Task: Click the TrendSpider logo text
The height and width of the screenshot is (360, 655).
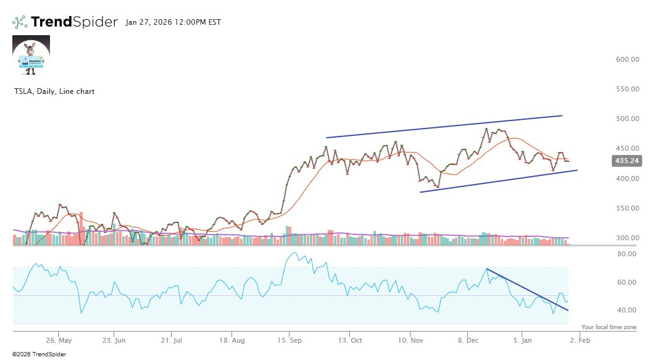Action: pyautogui.click(x=73, y=22)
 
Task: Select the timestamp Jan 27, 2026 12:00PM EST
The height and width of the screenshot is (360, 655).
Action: pyautogui.click(x=173, y=22)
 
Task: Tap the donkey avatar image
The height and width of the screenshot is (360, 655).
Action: pyautogui.click(x=31, y=55)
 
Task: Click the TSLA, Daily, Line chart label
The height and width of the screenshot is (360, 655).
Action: pyautogui.click(x=54, y=91)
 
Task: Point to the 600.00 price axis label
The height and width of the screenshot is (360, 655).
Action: pyautogui.click(x=627, y=59)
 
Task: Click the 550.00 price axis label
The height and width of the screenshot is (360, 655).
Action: pyautogui.click(x=627, y=89)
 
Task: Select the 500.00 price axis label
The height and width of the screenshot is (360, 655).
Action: pyautogui.click(x=627, y=119)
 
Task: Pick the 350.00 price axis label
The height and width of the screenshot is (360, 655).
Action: pyautogui.click(x=627, y=208)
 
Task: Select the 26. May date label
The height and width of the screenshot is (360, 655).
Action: pyautogui.click(x=59, y=340)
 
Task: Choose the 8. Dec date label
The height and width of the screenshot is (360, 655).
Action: pyautogui.click(x=469, y=340)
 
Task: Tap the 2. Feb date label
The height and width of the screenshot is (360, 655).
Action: pyautogui.click(x=580, y=340)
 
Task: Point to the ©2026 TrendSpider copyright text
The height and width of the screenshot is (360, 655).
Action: pyautogui.click(x=39, y=354)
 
